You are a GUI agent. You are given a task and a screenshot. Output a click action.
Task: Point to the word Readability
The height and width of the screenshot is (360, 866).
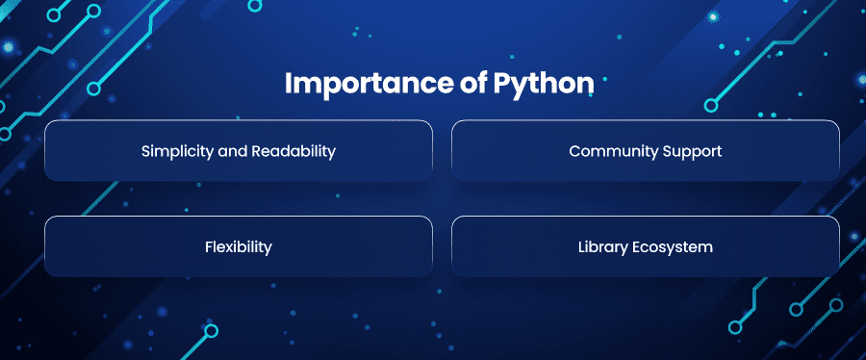pos(293,152)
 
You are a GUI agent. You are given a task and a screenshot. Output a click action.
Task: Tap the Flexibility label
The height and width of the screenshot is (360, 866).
pos(239,247)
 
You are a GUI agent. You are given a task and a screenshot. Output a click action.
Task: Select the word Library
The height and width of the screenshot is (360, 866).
pos(601,247)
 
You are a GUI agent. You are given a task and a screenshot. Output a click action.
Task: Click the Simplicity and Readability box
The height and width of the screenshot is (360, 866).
pos(239,151)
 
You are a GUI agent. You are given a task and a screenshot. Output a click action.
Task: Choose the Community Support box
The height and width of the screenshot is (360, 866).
pos(646,151)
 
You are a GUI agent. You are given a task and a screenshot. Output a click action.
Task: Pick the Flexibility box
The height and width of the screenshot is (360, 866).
pos(239,246)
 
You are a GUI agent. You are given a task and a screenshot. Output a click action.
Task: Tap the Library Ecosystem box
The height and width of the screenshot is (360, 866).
pos(646,246)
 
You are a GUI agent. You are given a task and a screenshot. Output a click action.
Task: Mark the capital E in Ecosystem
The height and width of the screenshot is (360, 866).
pos(634,247)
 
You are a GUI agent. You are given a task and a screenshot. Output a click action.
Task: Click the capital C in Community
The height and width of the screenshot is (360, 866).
pos(575,151)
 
